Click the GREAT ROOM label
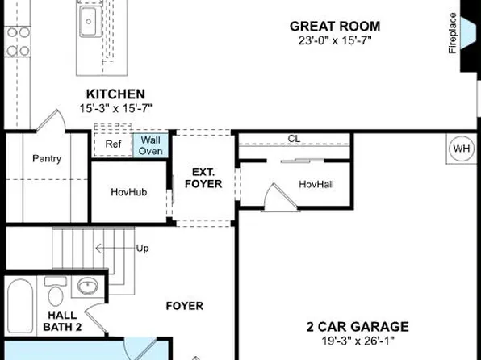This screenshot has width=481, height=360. [335, 27]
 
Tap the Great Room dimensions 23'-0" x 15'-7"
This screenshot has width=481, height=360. [335, 41]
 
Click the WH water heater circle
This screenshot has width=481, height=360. [461, 149]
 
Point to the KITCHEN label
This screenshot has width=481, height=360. [116, 94]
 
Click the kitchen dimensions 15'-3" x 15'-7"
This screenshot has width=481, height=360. [116, 108]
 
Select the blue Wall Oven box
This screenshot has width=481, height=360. [150, 145]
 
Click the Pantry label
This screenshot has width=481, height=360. [46, 159]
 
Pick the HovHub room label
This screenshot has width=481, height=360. [127, 192]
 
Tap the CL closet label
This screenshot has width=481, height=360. [294, 138]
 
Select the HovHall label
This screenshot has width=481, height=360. [316, 184]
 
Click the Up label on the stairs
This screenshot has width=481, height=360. [142, 248]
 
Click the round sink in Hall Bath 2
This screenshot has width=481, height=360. [88, 286]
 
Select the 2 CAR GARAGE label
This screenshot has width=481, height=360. [357, 327]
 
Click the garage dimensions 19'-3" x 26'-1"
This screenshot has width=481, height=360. [357, 341]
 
